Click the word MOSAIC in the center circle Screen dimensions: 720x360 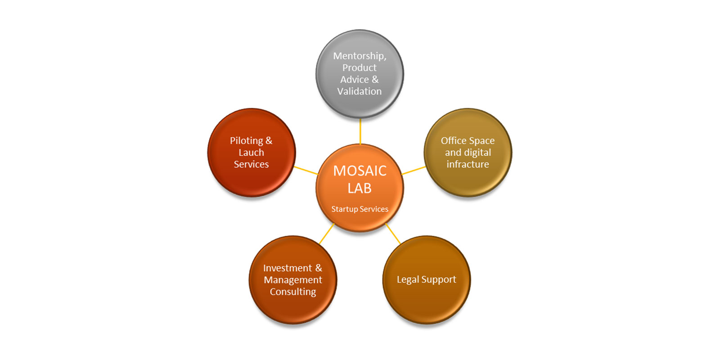pyautogui.click(x=360, y=171)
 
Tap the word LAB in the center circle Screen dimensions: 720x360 pyautogui.click(x=360, y=188)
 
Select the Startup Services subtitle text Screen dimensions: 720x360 pyautogui.click(x=360, y=209)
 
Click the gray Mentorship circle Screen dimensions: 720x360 pyautogui.click(x=360, y=74)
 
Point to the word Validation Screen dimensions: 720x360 pyautogui.click(x=360, y=91)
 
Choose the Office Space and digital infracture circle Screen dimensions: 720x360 pyautogui.click(x=468, y=153)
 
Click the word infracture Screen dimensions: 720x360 pyautogui.click(x=468, y=164)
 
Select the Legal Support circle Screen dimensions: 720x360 pyautogui.click(x=427, y=280)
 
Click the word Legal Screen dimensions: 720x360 pyautogui.click(x=408, y=279)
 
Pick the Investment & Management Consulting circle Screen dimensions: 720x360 pyautogui.click(x=293, y=280)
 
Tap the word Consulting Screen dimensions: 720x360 pyautogui.click(x=293, y=292)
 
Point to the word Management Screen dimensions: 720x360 pyautogui.click(x=293, y=280)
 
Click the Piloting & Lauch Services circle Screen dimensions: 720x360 pyautogui.click(x=252, y=153)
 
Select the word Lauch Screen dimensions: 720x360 pyautogui.click(x=252, y=153)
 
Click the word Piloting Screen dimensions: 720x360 pyautogui.click(x=247, y=141)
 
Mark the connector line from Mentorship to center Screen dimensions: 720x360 pyautogui.click(x=360, y=131)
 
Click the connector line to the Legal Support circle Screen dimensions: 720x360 pyautogui.click(x=393, y=234)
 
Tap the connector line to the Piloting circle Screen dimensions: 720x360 pyautogui.click(x=306, y=171)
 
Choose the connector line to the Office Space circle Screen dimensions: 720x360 pyautogui.click(x=414, y=171)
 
